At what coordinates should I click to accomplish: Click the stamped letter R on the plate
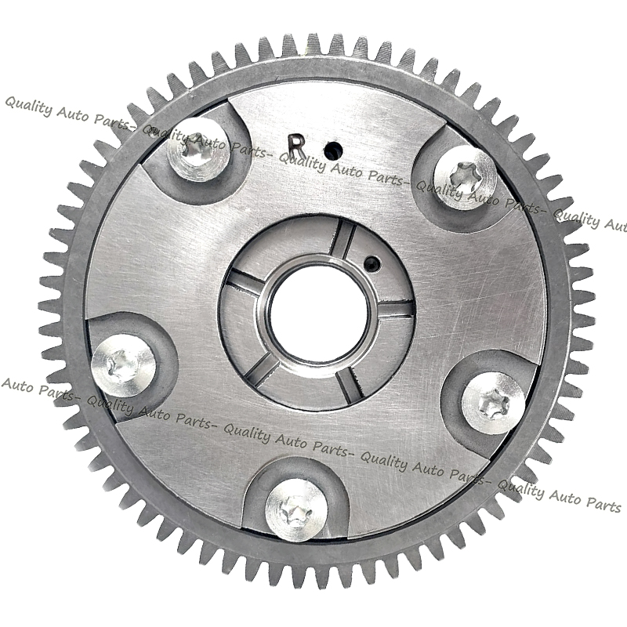(297, 146)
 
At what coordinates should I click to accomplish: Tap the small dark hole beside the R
(334, 150)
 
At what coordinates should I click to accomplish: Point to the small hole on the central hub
(372, 263)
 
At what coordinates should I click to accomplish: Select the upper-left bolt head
(198, 150)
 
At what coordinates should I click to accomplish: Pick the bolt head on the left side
(123, 365)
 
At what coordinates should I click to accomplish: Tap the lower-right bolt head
(494, 404)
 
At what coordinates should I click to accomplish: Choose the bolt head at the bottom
(296, 510)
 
